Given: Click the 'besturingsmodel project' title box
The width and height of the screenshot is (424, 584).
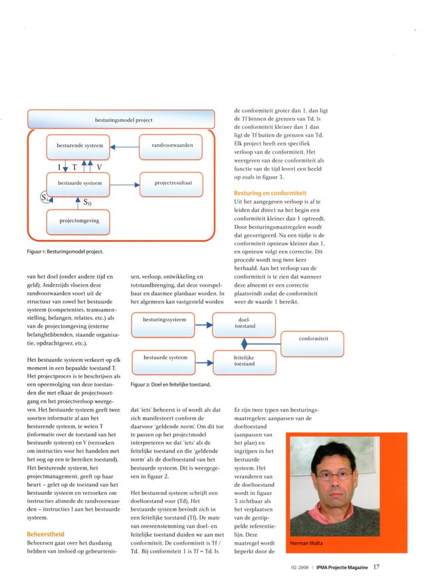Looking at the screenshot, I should [x=121, y=120].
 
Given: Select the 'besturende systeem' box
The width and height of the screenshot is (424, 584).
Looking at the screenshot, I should [x=79, y=146].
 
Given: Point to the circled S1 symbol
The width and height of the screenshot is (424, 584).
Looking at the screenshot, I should [x=44, y=198].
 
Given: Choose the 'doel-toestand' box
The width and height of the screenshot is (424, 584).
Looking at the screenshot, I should [x=243, y=323].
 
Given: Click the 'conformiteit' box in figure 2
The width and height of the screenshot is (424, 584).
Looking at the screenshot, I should [x=312, y=339].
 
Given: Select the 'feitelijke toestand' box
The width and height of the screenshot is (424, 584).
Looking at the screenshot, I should [x=243, y=361].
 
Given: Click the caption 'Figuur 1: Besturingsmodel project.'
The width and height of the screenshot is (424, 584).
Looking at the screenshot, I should [x=64, y=252].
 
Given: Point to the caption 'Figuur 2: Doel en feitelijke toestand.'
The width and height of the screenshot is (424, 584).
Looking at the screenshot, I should [x=171, y=385].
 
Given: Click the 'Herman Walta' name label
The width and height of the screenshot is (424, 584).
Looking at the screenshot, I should [x=310, y=544].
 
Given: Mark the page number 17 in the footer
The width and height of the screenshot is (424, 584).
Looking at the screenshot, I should [x=376, y=567].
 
